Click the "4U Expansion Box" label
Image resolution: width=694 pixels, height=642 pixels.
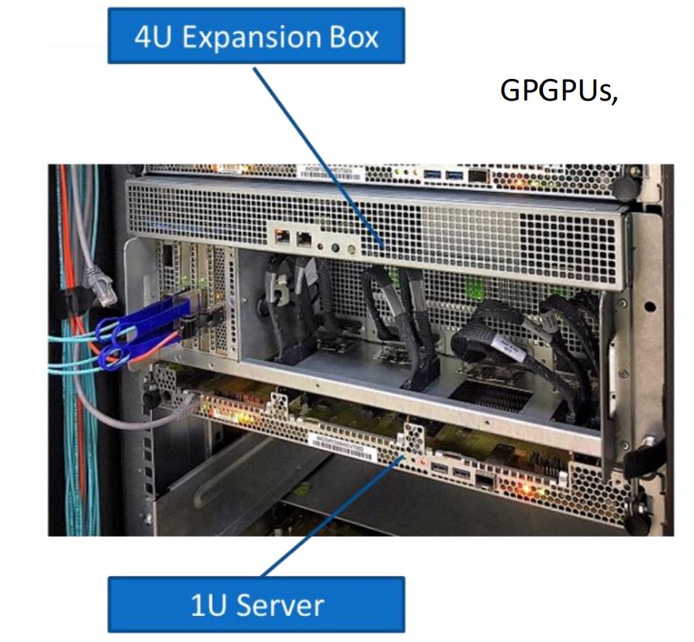coord(256,36)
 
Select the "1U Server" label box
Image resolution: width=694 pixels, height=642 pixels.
coord(256,604)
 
